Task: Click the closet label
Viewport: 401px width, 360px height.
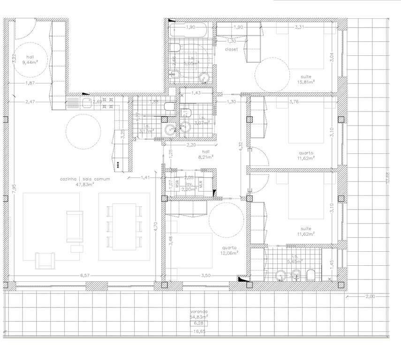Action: pyautogui.click(x=231, y=49)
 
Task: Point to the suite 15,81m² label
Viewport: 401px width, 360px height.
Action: pyautogui.click(x=305, y=79)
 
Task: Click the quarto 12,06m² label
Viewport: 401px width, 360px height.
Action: pyautogui.click(x=229, y=250)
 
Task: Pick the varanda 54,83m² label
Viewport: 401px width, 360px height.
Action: pyautogui.click(x=199, y=314)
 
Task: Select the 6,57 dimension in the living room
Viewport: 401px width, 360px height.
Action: pyautogui.click(x=84, y=276)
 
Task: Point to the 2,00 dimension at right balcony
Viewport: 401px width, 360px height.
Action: pyautogui.click(x=371, y=297)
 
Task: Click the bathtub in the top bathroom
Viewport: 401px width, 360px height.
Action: pyautogui.click(x=189, y=31)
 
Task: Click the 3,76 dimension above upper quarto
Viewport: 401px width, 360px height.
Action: pyautogui.click(x=294, y=102)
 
